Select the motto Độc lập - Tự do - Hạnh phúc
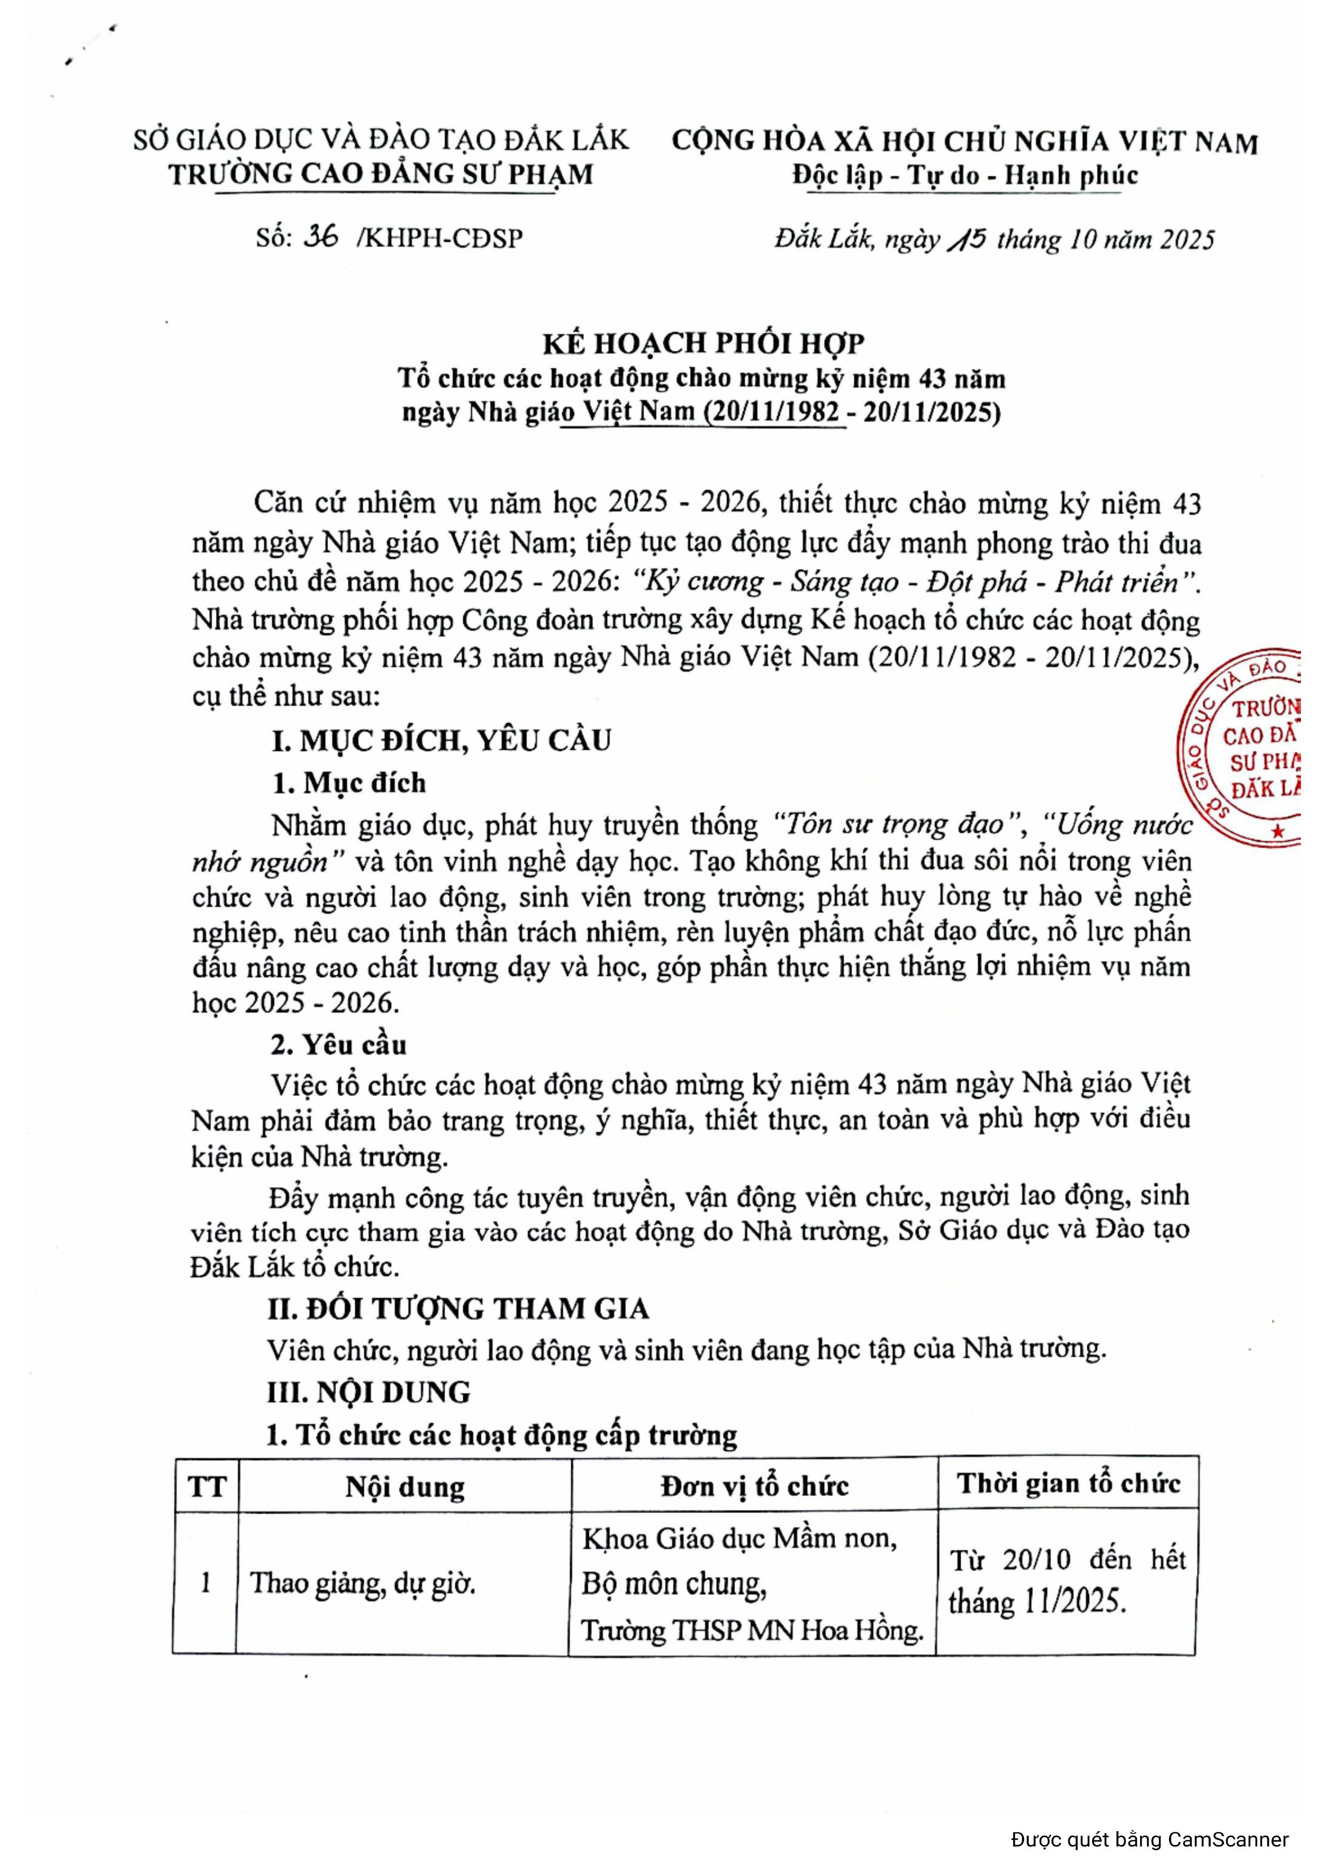coord(964,176)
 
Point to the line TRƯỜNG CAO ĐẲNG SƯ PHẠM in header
coord(381,174)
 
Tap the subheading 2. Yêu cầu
coord(339,1045)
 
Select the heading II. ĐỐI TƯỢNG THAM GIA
coord(458,1308)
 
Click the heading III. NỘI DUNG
coord(369,1392)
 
